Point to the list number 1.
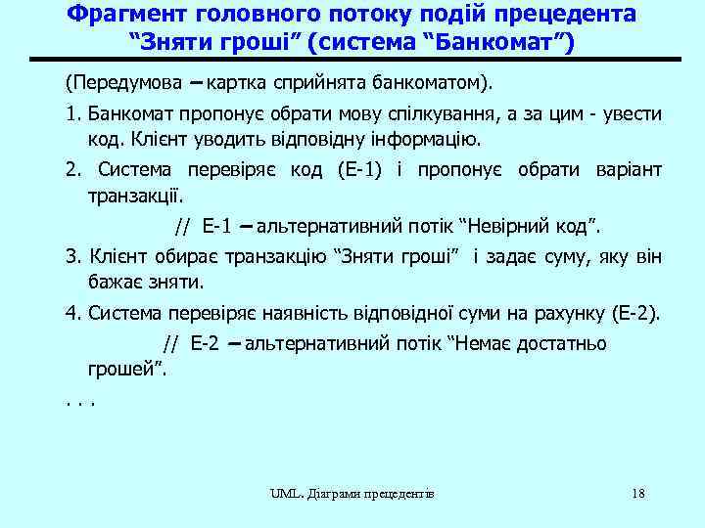[72, 113]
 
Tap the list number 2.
[72, 170]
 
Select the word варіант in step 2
[629, 170]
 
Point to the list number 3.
[72, 258]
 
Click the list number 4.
[72, 315]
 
